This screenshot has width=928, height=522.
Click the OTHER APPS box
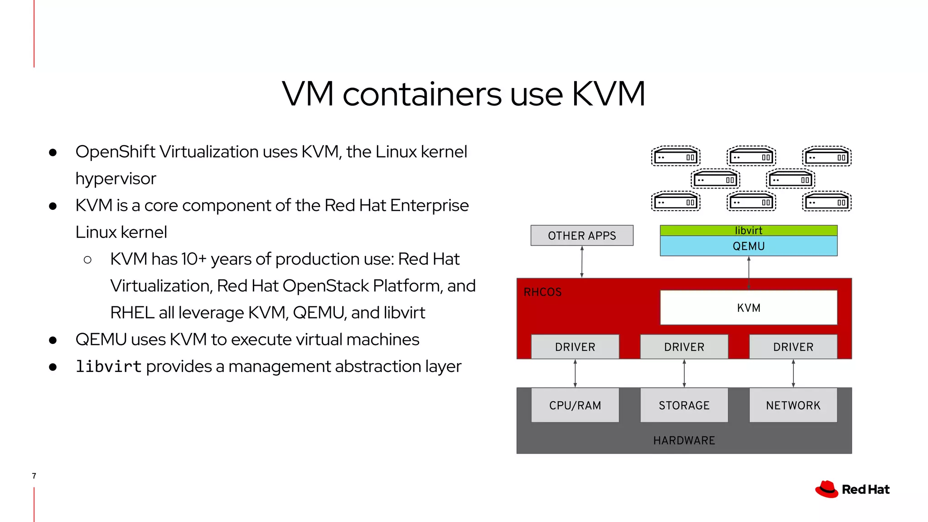click(x=582, y=236)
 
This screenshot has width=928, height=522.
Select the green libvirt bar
click(x=748, y=230)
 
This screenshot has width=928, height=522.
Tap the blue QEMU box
click(x=748, y=246)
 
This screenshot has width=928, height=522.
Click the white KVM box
click(x=748, y=308)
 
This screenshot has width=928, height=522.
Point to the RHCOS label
click(x=542, y=292)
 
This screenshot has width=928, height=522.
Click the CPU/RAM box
click(x=575, y=405)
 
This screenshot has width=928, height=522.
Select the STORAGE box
click(x=684, y=405)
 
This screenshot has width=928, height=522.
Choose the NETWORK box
click(x=793, y=405)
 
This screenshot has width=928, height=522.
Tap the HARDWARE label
click(x=684, y=440)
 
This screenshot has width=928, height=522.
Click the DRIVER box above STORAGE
click(x=684, y=347)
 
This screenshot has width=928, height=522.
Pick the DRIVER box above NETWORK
click(x=793, y=347)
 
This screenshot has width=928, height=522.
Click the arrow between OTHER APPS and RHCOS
click(x=582, y=262)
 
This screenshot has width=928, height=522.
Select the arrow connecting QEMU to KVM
click(x=749, y=272)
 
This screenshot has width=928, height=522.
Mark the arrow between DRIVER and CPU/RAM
click(x=575, y=373)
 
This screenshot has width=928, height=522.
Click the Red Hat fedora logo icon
click(x=827, y=489)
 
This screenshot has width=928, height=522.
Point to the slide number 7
click(x=34, y=476)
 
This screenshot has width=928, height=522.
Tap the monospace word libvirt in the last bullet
click(x=108, y=366)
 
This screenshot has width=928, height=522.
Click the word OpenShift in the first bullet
click(x=116, y=152)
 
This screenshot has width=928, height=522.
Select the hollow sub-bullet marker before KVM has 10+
click(x=88, y=260)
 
